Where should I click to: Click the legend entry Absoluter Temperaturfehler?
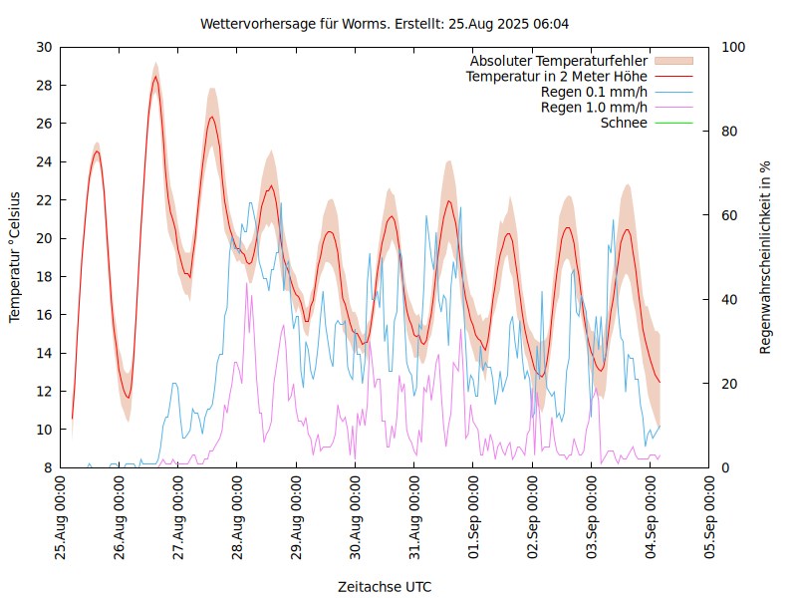pos(559,61)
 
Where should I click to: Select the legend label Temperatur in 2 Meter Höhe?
pos(557,77)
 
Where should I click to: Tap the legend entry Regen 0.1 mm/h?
pos(594,92)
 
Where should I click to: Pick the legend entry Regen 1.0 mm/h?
pos(594,108)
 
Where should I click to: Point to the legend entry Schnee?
pos(625,123)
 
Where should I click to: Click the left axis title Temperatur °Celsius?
pos(15,257)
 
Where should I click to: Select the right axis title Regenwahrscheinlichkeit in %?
pos(766,257)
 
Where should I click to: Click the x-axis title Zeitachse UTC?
pos(385,586)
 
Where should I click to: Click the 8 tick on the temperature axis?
pos(47,468)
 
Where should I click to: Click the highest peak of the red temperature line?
pos(155,77)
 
